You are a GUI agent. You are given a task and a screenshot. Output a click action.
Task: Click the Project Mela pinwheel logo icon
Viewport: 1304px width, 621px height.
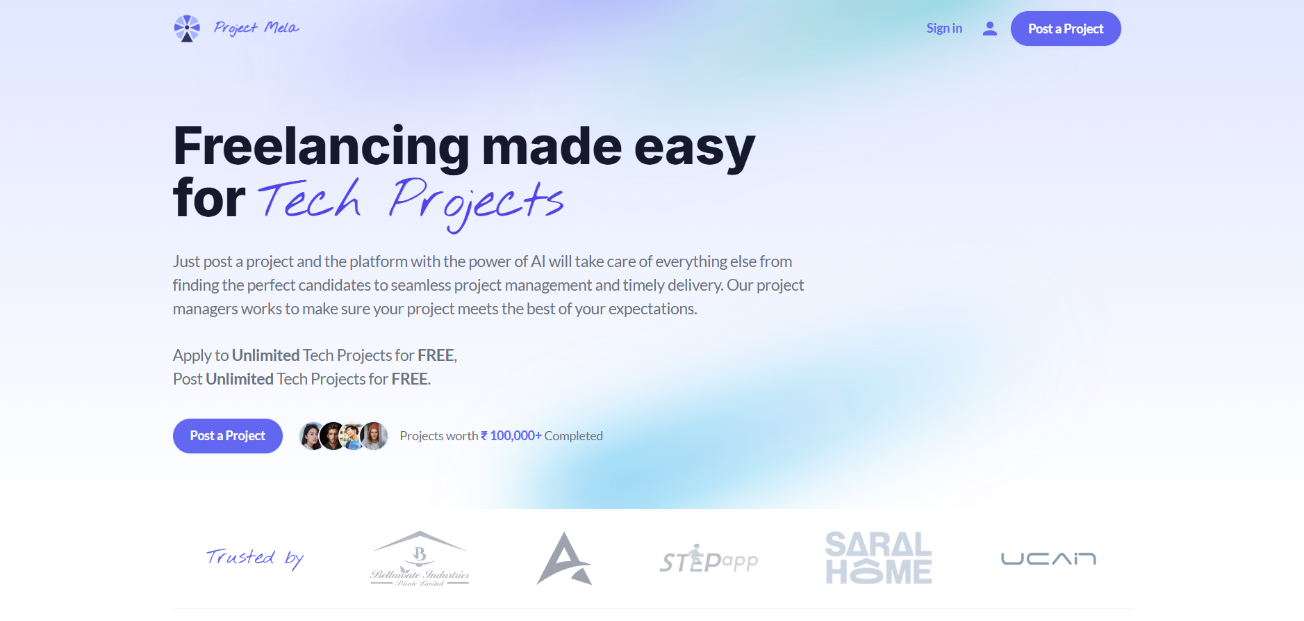click(186, 29)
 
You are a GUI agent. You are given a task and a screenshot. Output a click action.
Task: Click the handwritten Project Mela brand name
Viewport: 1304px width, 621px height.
click(256, 28)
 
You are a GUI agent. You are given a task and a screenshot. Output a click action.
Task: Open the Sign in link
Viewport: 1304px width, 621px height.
click(944, 29)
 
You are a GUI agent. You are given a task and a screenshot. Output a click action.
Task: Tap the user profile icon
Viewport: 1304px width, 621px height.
click(990, 29)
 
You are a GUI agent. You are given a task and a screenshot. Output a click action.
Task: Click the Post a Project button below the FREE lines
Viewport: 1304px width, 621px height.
click(228, 436)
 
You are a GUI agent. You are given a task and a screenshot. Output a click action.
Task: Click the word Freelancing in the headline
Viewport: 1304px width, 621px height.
click(322, 147)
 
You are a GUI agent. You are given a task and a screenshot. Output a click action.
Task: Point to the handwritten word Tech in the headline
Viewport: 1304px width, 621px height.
click(310, 200)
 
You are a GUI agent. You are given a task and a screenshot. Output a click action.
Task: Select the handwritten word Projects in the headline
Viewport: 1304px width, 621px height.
click(476, 204)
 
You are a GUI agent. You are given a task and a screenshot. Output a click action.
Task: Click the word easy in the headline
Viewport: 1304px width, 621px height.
click(694, 149)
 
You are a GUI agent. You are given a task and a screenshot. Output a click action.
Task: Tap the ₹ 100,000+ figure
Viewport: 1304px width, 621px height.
click(511, 436)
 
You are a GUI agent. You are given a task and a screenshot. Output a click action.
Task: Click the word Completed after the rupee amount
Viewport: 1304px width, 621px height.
click(573, 436)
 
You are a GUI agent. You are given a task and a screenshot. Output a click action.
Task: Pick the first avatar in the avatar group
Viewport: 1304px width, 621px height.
click(312, 436)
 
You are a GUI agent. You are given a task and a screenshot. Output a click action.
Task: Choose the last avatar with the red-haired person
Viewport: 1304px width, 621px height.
click(374, 436)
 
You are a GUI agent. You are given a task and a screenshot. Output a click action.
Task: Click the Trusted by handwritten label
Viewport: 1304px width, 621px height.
click(255, 558)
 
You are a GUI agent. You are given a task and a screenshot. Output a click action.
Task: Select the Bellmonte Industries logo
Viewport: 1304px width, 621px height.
click(420, 559)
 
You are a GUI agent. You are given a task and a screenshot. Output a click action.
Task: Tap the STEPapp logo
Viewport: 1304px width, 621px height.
click(709, 559)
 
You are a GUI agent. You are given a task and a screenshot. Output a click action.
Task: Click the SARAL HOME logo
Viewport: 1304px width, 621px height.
click(878, 558)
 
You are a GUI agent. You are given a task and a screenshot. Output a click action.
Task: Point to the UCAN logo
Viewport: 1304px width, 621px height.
click(1048, 558)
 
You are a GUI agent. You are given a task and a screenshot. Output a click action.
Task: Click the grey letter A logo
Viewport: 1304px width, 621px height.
click(564, 558)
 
